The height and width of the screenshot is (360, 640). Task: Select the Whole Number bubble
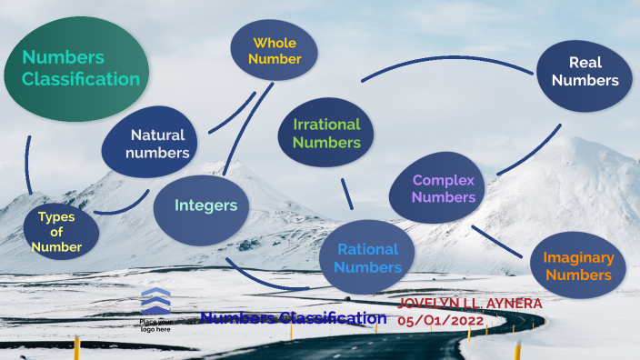tap(274, 50)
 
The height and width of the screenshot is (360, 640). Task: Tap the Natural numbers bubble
tap(149, 142)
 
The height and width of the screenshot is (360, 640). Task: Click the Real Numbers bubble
tap(584, 72)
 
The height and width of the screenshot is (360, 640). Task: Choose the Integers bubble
tap(205, 206)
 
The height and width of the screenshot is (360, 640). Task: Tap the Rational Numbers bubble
tap(367, 257)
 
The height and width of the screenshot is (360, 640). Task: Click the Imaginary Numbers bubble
tap(578, 265)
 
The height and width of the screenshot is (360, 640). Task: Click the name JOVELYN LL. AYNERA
tap(470, 303)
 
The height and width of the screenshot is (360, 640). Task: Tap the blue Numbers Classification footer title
tap(293, 318)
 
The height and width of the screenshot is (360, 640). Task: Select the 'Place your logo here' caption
tap(155, 325)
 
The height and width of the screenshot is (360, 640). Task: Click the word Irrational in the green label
tap(326, 125)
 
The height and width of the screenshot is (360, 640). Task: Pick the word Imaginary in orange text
tap(578, 257)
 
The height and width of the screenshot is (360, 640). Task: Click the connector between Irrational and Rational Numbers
tap(346, 194)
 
